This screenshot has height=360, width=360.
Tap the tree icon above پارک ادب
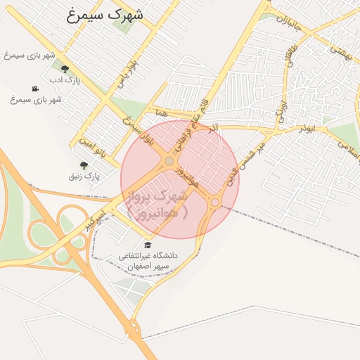point(65,69)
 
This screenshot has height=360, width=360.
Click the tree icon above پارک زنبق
point(84,165)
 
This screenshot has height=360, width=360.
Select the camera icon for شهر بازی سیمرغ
point(34,89)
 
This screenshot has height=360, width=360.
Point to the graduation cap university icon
point(148,245)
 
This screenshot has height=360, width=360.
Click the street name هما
point(162,112)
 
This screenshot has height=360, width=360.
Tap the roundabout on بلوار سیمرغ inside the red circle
point(169,162)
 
